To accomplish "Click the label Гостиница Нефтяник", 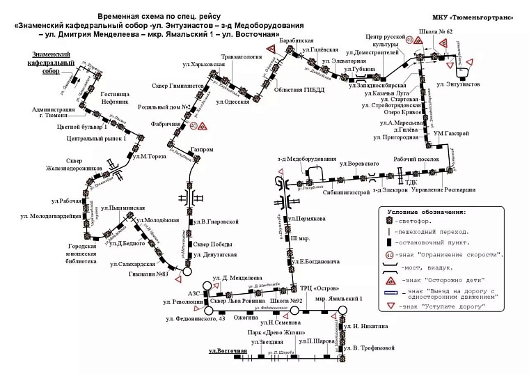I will [x=114, y=97].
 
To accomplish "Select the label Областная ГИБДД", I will [x=297, y=89].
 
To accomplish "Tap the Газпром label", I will [x=202, y=150].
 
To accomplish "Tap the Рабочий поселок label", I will [x=415, y=158].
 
